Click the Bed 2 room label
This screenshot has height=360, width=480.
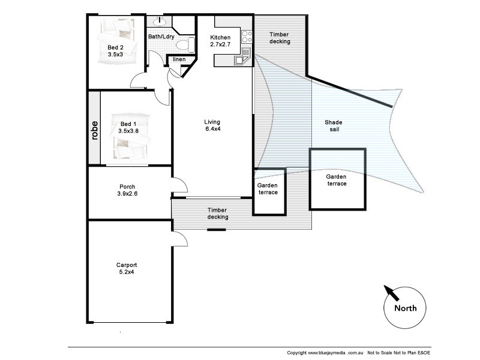coord(116,51)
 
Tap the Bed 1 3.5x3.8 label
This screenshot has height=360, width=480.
coord(128,127)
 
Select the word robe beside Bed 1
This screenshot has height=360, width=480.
coord(95,130)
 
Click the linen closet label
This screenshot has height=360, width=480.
coord(179,59)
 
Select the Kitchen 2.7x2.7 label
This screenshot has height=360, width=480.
coord(220,41)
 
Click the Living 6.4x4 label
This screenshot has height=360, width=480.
coord(213,126)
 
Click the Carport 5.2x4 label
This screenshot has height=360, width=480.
coord(127,268)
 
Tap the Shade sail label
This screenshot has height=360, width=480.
coord(334,126)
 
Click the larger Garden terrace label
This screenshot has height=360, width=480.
coord(336,180)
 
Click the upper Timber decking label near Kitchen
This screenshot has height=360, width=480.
coord(280,38)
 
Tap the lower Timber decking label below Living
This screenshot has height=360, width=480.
coord(218,214)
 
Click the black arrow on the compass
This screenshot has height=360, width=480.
coord(392,293)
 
